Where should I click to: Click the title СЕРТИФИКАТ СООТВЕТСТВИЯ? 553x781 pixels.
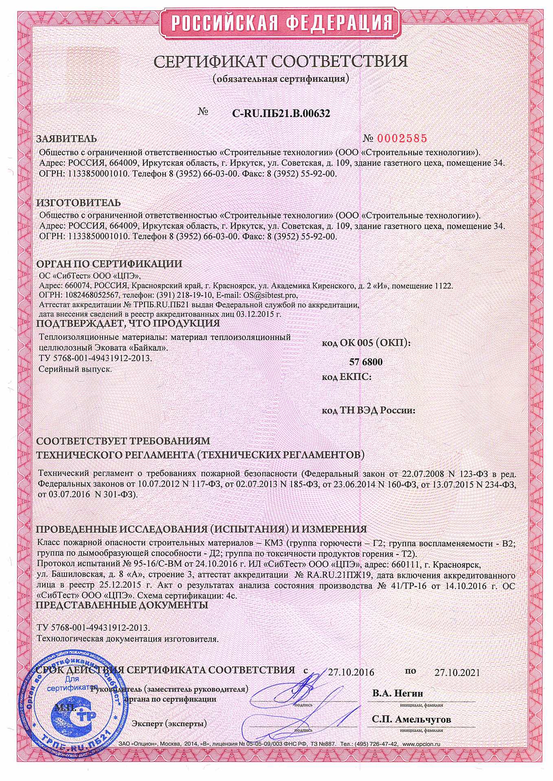281,61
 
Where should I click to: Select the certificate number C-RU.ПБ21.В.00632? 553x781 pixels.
281,114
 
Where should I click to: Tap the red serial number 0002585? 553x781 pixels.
402,139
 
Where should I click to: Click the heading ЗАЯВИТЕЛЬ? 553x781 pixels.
67,139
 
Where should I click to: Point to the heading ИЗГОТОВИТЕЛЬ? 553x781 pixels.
79,203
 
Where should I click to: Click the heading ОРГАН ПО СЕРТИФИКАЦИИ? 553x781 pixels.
109,264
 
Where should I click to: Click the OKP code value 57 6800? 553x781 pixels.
366,362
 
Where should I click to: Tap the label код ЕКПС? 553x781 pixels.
347,377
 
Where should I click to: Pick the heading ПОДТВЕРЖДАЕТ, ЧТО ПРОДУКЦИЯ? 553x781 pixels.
128,324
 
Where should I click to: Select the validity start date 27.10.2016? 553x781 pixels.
351,672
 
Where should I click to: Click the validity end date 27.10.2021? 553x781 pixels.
457,672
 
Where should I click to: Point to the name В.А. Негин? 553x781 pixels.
397,693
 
